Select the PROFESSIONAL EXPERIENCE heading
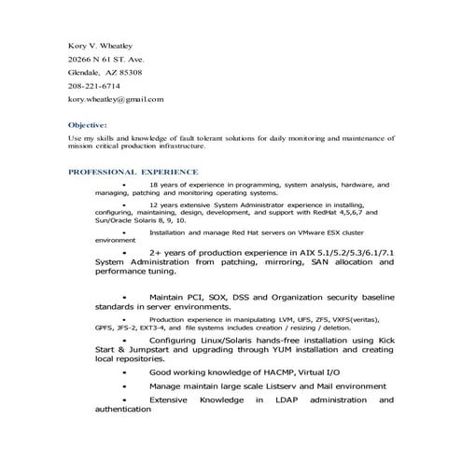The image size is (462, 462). [x=133, y=173]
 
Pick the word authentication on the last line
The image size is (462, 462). [x=123, y=409]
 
